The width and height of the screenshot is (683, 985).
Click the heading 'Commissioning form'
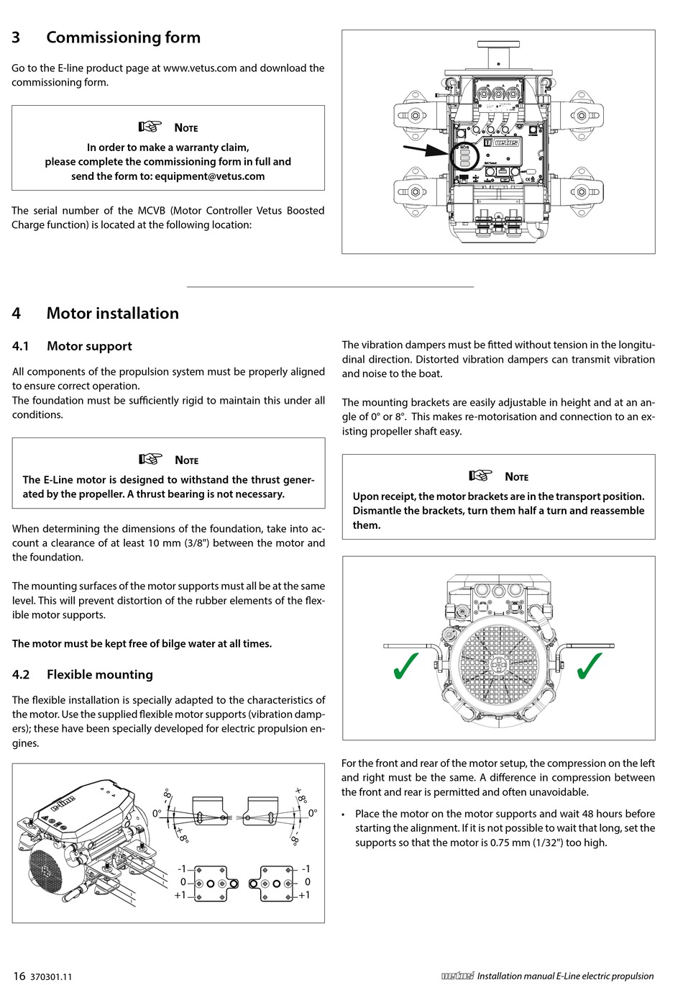click(x=123, y=37)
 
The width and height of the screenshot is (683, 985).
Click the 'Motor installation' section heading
click(x=112, y=313)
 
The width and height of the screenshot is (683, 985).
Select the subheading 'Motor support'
click(x=89, y=346)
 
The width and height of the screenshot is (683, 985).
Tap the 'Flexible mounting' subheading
click(x=99, y=674)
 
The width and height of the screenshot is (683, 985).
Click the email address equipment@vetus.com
click(x=209, y=176)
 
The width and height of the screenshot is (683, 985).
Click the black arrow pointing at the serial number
click(x=426, y=151)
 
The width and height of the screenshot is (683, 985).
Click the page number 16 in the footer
click(x=19, y=976)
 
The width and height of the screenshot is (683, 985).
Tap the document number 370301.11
click(x=51, y=977)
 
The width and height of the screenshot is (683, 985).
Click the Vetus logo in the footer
click(x=457, y=976)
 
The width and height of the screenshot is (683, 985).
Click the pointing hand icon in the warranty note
click(x=150, y=127)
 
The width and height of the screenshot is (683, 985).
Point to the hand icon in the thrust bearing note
click(x=151, y=460)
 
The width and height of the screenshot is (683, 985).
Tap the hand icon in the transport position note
click(x=480, y=476)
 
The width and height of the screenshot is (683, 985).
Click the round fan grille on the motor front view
click(x=498, y=663)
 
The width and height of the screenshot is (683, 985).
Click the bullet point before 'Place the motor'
click(x=345, y=814)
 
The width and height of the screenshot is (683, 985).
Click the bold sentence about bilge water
click(x=142, y=644)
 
